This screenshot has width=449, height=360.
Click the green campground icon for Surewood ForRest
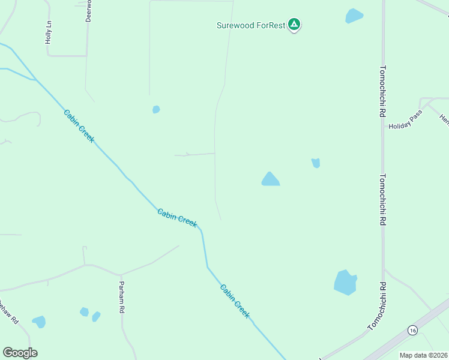click(294, 25)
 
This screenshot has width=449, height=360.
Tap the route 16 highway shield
click(412, 331)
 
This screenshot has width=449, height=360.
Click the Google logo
click(20, 353)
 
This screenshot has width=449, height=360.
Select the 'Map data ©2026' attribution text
click(423, 355)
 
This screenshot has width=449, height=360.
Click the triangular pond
click(270, 179)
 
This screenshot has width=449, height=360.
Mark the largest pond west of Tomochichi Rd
click(345, 282)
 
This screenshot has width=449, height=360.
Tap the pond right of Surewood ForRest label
click(354, 16)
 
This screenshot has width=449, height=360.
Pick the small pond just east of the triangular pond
click(316, 163)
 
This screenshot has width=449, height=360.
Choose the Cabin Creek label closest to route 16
click(234, 301)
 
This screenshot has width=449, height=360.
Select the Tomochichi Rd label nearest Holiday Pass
click(382, 91)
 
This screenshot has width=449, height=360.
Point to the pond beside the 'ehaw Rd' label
click(39, 322)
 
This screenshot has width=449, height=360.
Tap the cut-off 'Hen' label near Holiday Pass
click(444, 119)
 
